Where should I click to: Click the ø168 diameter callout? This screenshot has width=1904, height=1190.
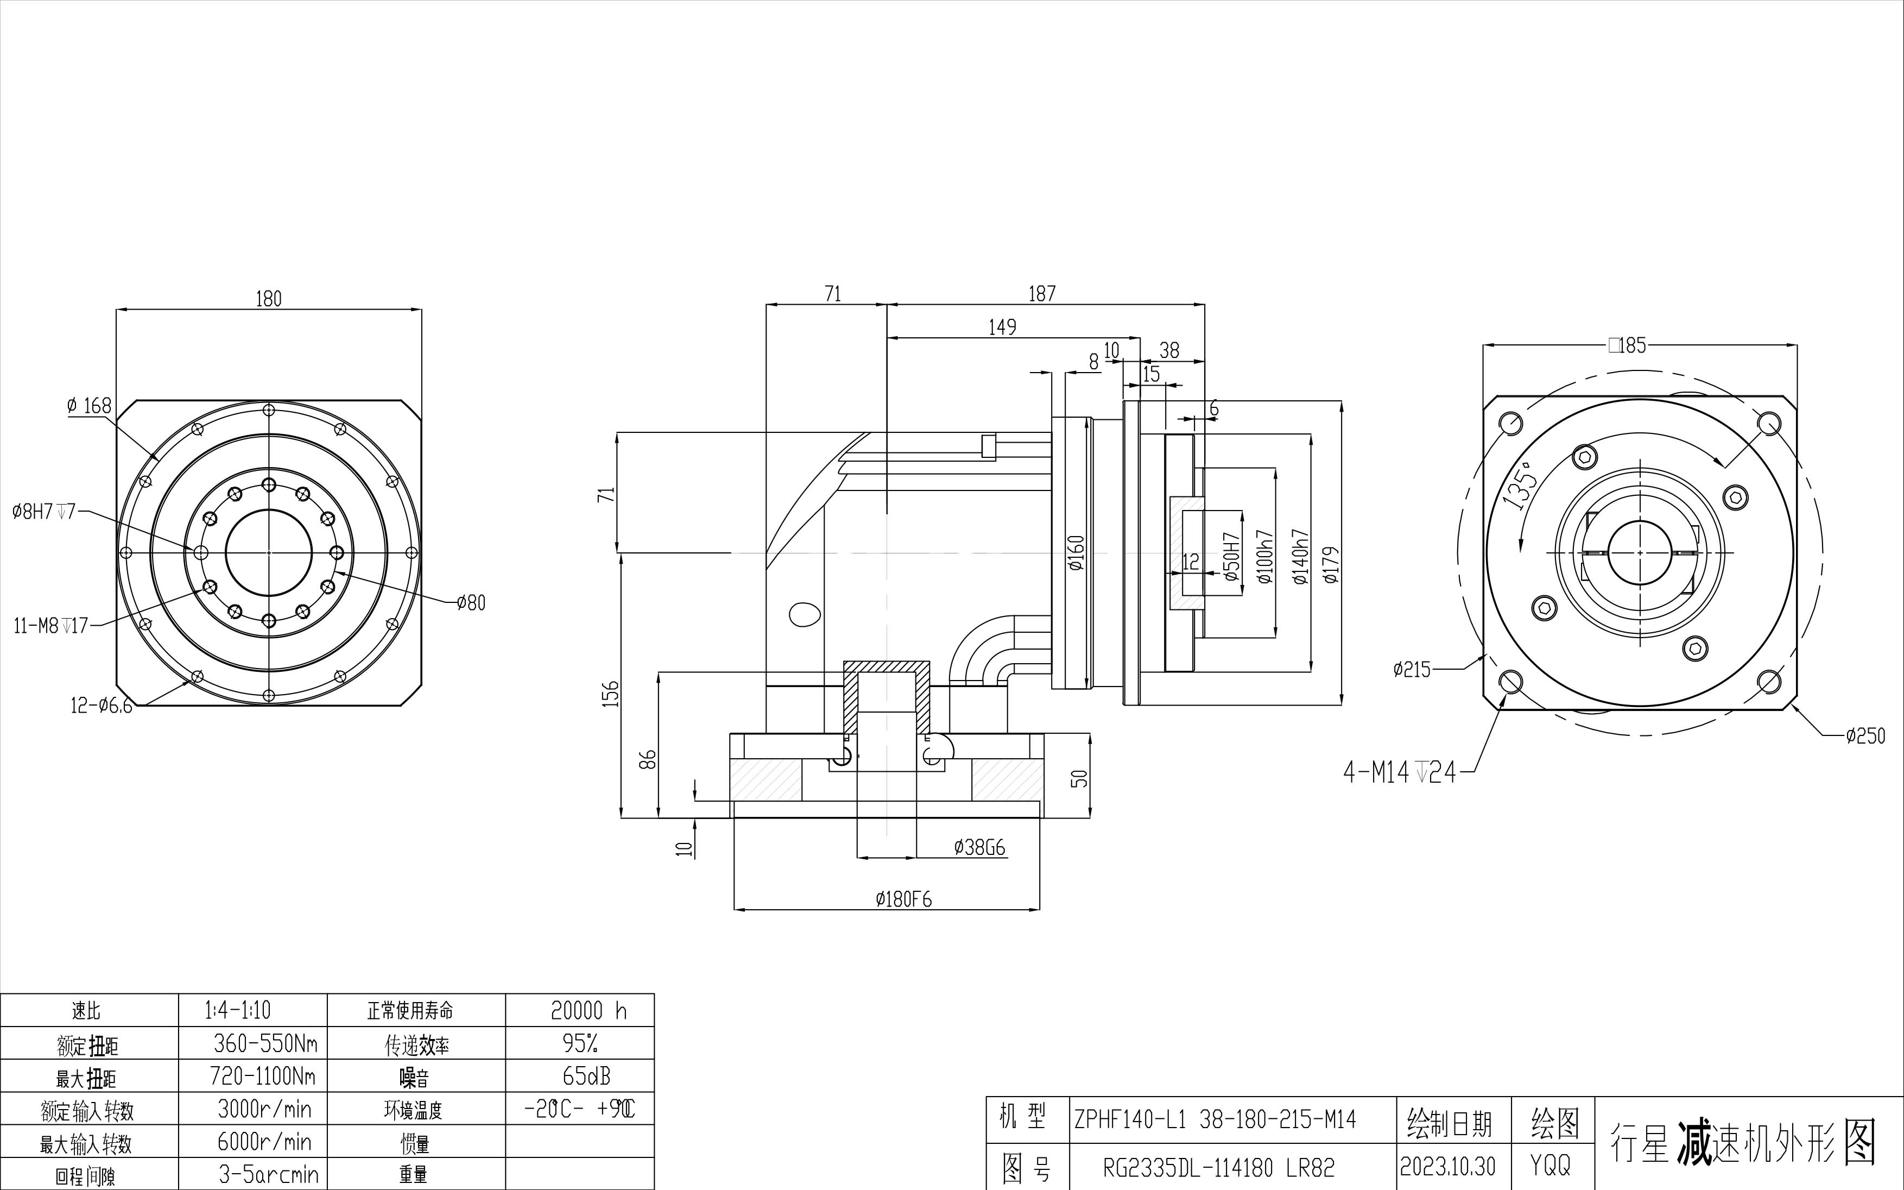tap(90, 406)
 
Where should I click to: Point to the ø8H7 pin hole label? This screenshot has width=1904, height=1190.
tap(43, 512)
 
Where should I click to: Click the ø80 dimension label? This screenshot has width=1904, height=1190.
tap(471, 603)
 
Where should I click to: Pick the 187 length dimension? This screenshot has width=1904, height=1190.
tap(1042, 294)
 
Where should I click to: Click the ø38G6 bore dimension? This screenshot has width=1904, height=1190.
tap(979, 848)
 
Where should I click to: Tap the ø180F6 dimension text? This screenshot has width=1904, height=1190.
tap(903, 899)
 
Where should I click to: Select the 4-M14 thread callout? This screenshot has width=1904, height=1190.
tap(1400, 773)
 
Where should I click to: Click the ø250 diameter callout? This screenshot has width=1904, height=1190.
tap(1865, 736)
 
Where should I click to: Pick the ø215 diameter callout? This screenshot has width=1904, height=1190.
tap(1412, 670)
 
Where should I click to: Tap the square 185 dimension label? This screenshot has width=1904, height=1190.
tap(1627, 345)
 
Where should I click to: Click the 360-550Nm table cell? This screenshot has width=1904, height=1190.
tap(265, 1043)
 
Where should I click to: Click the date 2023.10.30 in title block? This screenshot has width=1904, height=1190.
tap(1447, 1166)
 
